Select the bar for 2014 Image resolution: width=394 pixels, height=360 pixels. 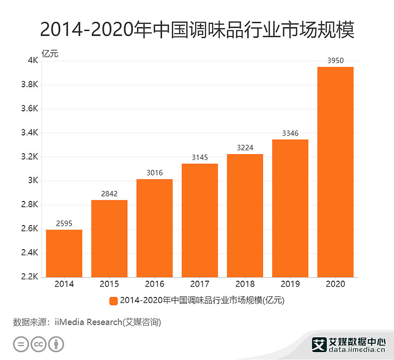click(64, 253)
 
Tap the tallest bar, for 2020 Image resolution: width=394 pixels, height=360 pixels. click(335, 172)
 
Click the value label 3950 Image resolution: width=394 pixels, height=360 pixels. click(335, 61)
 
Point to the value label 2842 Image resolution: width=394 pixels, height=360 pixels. click(109, 194)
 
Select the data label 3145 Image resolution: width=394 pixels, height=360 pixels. click(199, 158)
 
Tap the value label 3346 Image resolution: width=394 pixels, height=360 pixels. click(290, 133)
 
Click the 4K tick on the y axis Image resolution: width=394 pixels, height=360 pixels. click(33, 61)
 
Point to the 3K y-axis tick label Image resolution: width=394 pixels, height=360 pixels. click(33, 181)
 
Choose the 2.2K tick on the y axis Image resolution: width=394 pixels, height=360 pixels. click(30, 277)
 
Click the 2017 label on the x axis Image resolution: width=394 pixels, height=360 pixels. click(199, 284)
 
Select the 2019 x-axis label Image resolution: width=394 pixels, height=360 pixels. click(290, 284)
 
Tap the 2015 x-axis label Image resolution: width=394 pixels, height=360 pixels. click(109, 284)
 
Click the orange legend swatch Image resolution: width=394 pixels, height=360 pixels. click(113, 300)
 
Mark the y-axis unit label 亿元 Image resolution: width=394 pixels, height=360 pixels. click(50, 53)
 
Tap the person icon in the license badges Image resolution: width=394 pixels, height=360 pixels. click(57, 344)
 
